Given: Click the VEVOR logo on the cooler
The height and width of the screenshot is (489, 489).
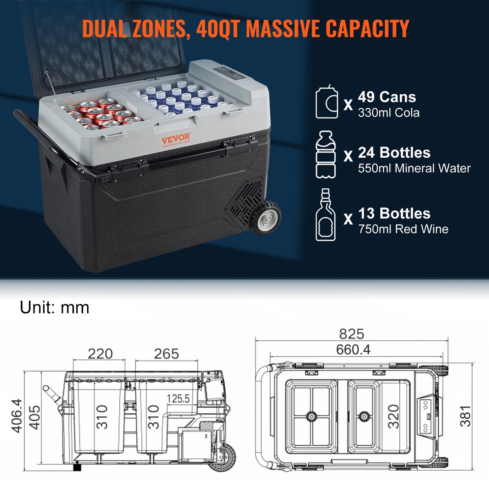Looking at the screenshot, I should click(x=176, y=139).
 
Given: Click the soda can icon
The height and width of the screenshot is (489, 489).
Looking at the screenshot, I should click(x=327, y=102).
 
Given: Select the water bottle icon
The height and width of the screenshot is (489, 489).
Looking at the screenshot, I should click(x=326, y=155).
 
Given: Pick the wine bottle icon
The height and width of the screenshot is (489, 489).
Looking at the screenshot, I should click(x=325, y=215).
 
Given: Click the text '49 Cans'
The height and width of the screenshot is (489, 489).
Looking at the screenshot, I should click(x=387, y=97).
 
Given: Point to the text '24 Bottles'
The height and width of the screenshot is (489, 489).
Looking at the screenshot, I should click(x=394, y=153).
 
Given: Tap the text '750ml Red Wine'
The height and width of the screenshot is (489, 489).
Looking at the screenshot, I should click(x=403, y=229).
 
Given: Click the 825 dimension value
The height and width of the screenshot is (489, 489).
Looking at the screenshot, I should click(x=352, y=334).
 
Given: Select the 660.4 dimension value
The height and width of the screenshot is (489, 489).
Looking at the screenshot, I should click(x=353, y=350).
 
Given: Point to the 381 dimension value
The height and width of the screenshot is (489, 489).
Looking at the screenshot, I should click(x=466, y=416).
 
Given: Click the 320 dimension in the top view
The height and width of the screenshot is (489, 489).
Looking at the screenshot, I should click(x=394, y=417).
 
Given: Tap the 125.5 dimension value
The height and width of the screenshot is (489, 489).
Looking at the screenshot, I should click(x=178, y=399).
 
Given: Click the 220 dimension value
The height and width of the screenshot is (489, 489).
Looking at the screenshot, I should click(x=100, y=354).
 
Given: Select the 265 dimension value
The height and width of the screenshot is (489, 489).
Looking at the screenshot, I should click(x=166, y=354).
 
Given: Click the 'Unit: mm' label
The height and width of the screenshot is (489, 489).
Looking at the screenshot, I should click(x=54, y=308).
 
